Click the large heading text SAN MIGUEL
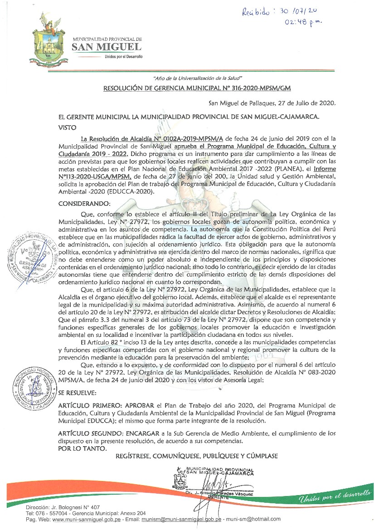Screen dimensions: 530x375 (x=107, y=47)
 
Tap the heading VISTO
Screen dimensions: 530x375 (x=68, y=127)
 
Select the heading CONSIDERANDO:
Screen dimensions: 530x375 (x=84, y=204)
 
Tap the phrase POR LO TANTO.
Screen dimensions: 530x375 (x=83, y=448)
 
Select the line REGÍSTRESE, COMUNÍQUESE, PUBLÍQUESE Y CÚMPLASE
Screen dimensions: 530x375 (x=197, y=456)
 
